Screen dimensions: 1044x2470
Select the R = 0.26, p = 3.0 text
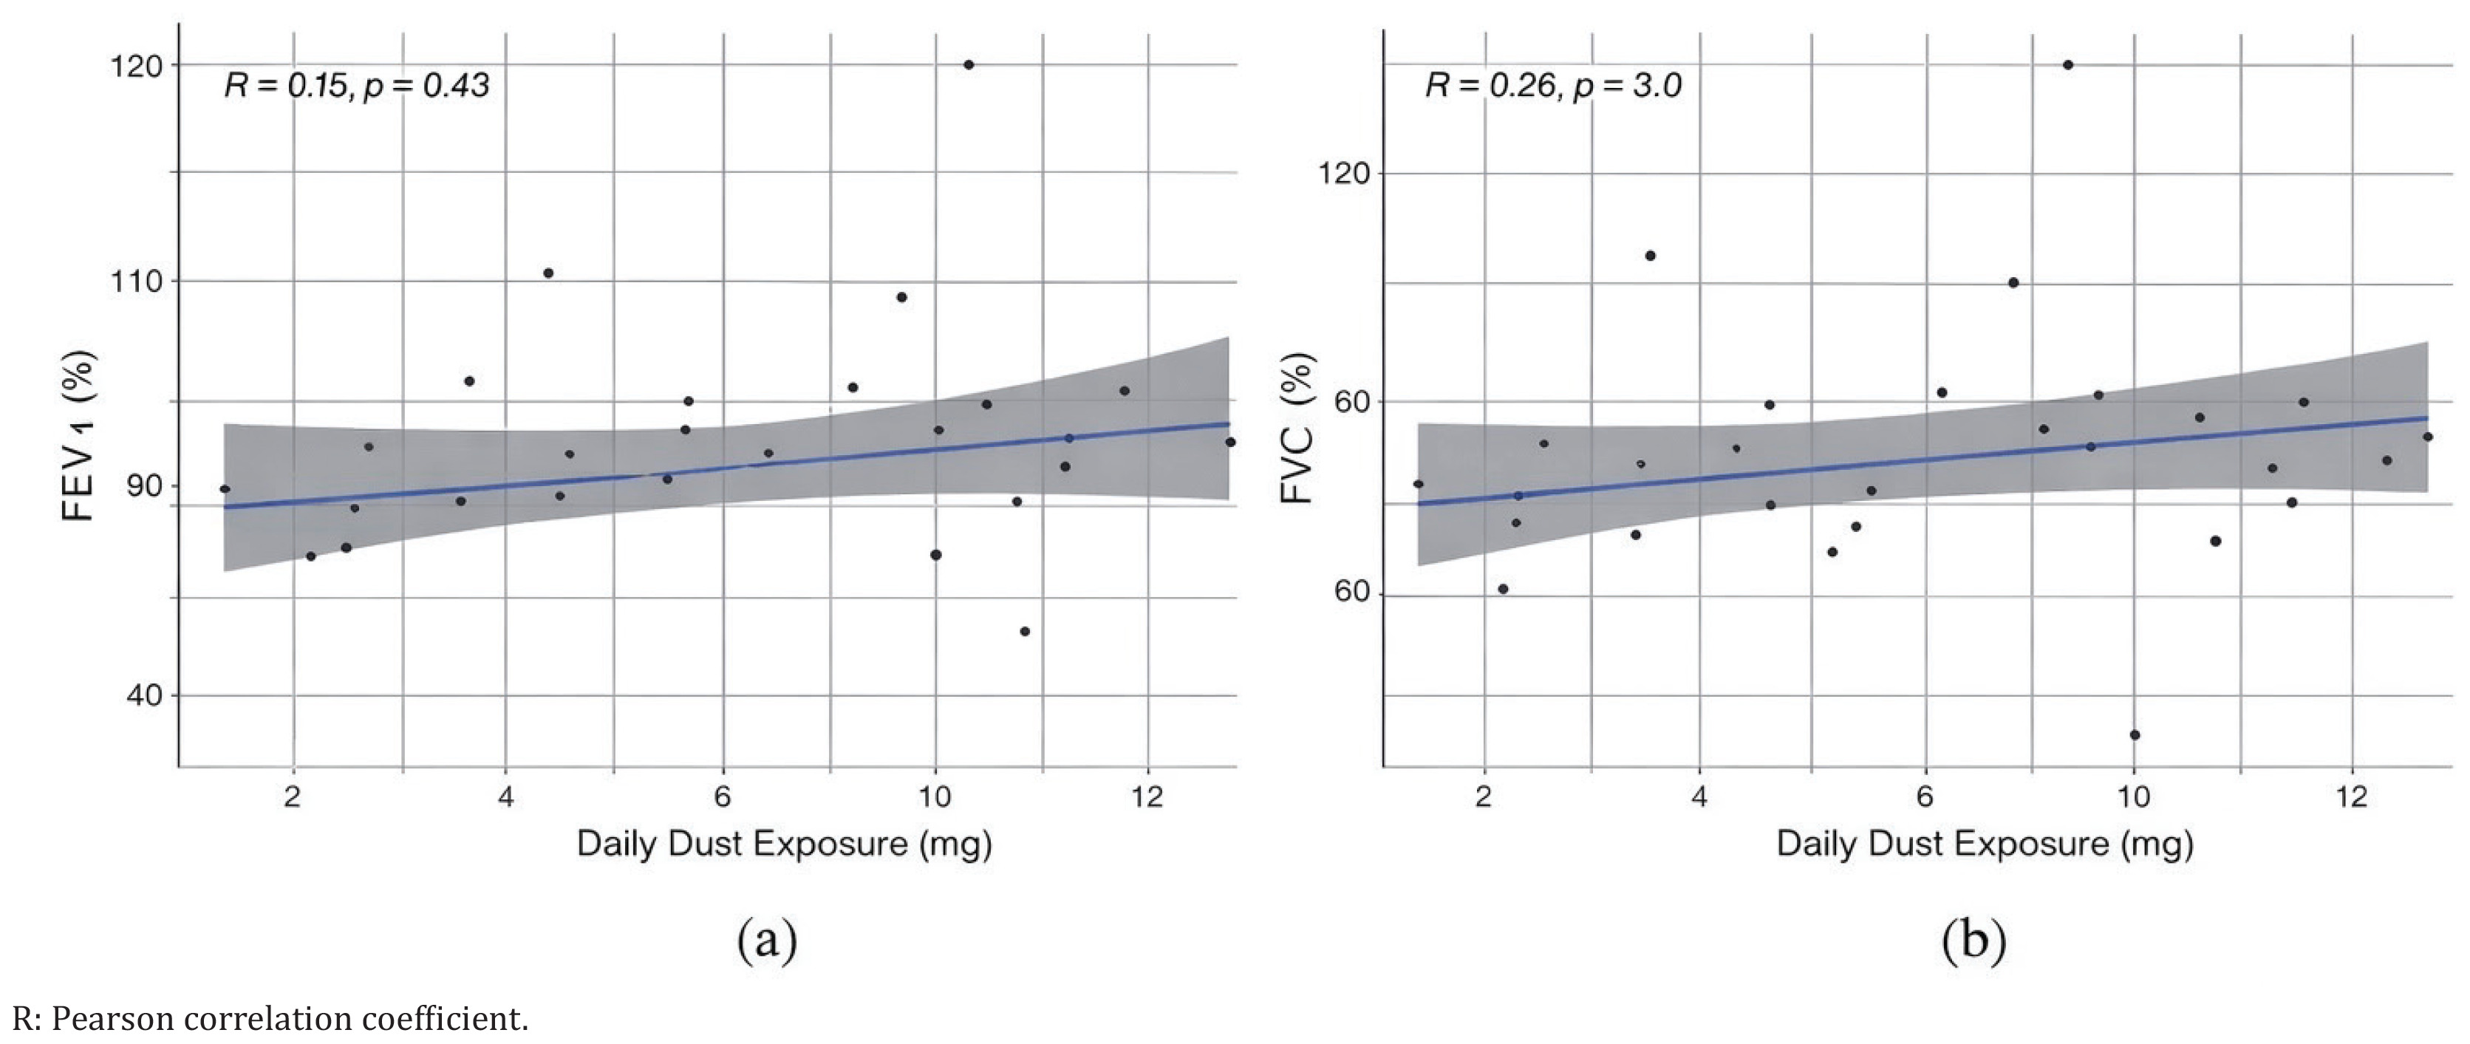(x=1552, y=86)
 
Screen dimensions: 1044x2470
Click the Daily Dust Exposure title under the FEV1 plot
(x=783, y=845)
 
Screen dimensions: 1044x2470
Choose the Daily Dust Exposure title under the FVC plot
(x=1984, y=845)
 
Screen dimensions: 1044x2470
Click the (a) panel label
(x=766, y=941)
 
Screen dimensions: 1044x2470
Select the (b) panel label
(x=1973, y=941)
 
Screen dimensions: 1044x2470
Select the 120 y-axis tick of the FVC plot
(x=1345, y=174)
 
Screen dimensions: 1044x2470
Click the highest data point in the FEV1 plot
(x=969, y=65)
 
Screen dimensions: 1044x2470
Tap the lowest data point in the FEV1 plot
(x=1024, y=632)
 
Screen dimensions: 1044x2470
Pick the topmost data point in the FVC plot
(x=2068, y=65)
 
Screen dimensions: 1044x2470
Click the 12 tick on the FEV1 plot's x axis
(x=1147, y=796)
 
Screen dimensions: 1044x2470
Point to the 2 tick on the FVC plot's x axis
(x=1484, y=796)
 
